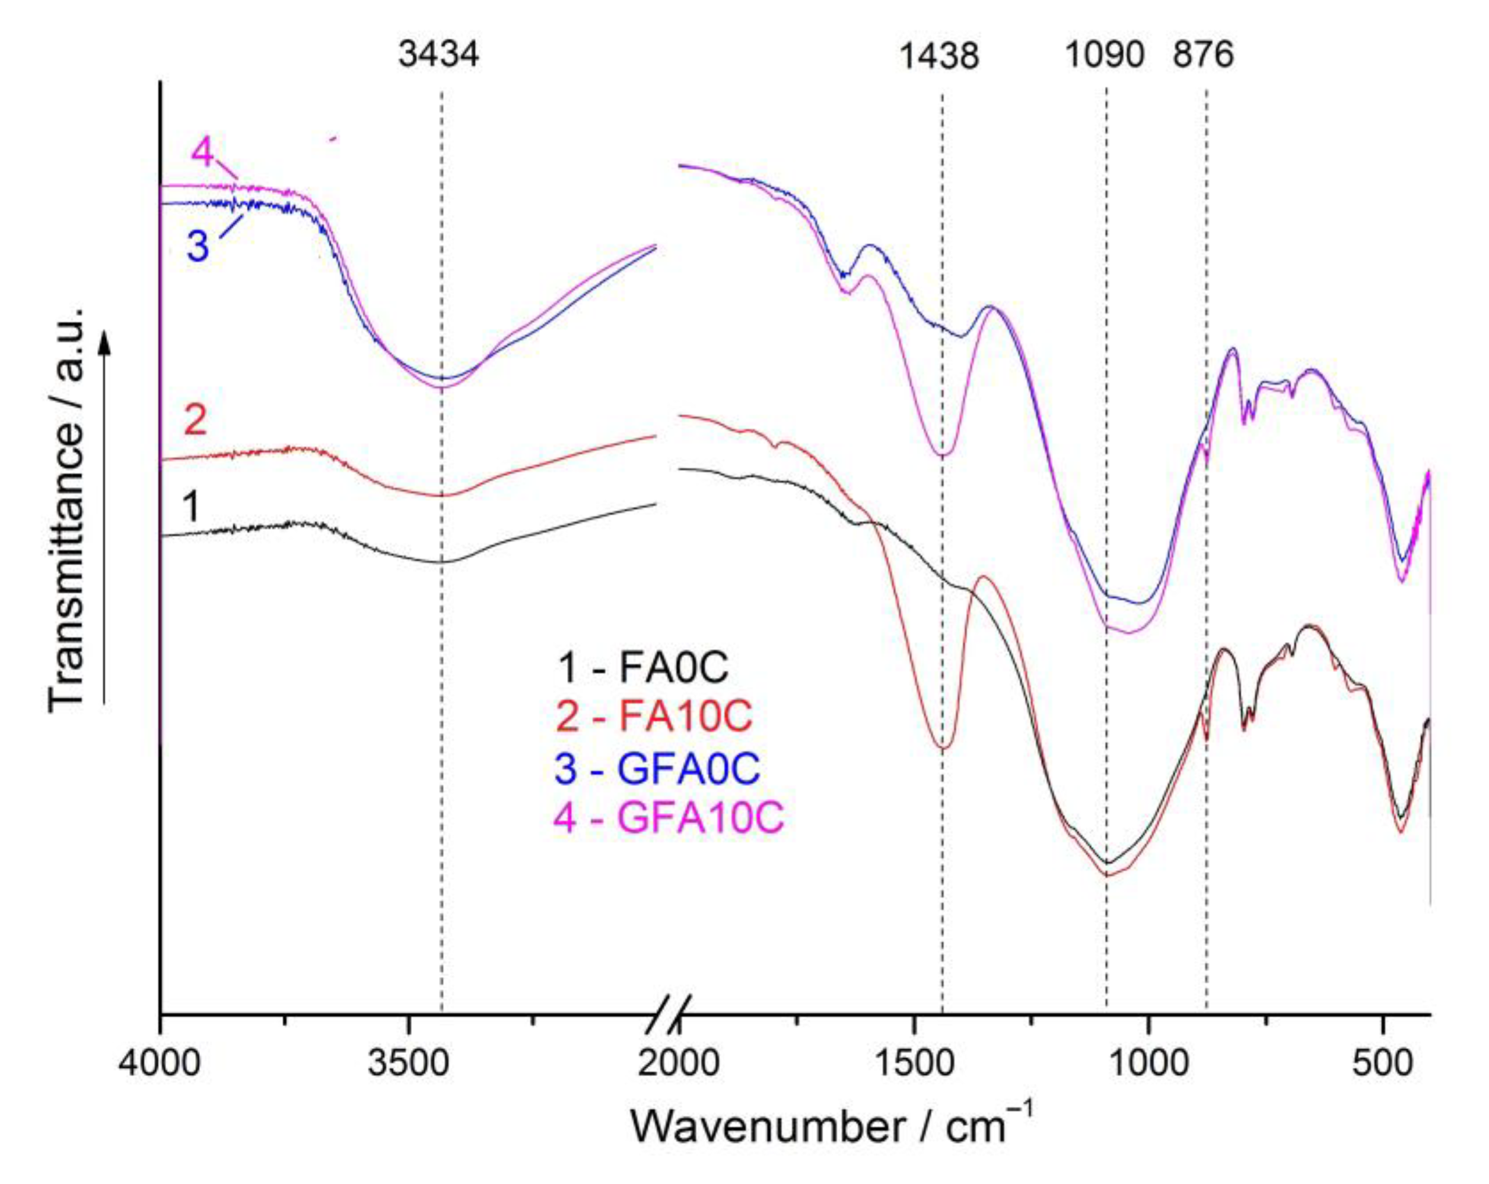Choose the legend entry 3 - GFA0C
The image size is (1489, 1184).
pyautogui.click(x=657, y=768)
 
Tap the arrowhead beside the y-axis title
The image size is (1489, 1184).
pyautogui.click(x=104, y=340)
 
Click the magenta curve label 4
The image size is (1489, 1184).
pyautogui.click(x=202, y=151)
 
